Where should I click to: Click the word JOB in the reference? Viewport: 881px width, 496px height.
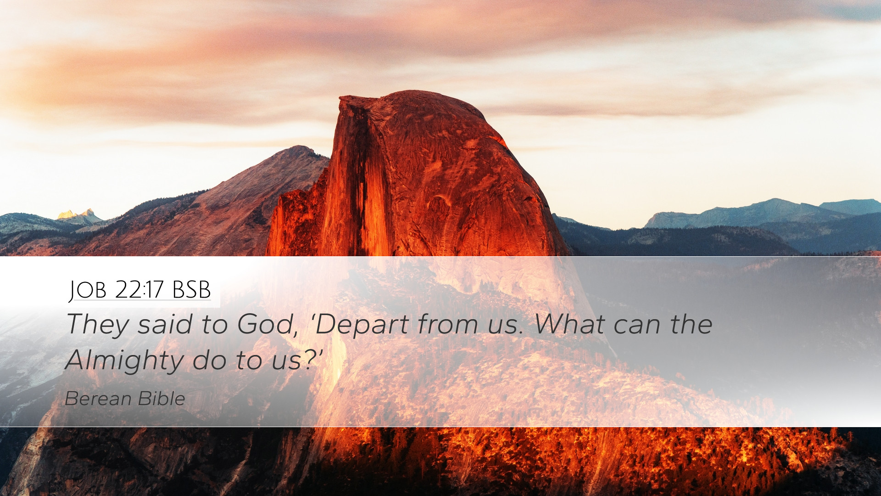tap(88, 290)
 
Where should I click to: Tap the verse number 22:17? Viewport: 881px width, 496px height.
tap(139, 289)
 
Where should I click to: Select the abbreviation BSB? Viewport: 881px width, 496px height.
tap(191, 289)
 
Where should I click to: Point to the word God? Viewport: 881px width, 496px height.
tap(265, 324)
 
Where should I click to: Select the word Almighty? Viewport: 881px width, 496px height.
tap(124, 361)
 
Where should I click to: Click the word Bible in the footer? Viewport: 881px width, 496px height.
tap(162, 398)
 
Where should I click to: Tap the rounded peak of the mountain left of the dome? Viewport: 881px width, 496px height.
tap(299, 148)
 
